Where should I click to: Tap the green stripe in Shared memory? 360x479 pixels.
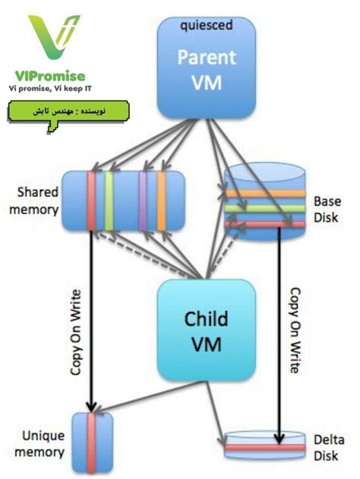(109, 200)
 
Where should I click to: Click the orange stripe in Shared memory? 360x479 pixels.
(160, 200)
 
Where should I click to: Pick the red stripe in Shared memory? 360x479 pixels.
(91, 200)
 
